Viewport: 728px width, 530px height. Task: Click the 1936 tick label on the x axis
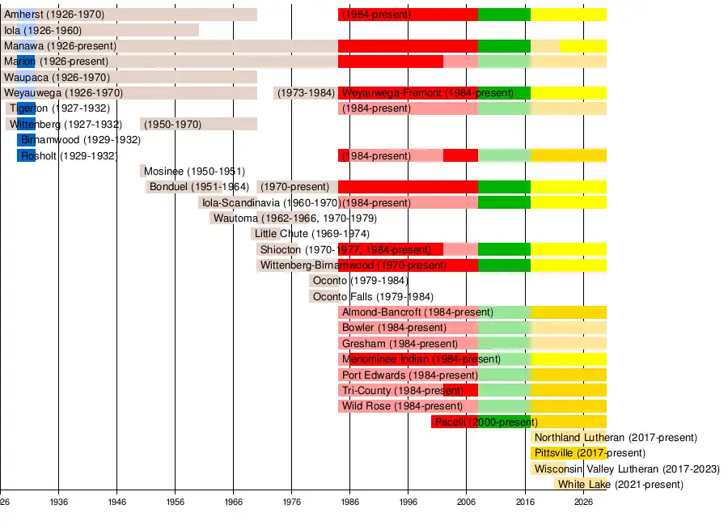(x=58, y=502)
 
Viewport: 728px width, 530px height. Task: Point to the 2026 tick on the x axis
(x=583, y=502)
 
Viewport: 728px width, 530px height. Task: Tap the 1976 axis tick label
(x=292, y=502)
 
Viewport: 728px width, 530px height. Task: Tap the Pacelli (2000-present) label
(x=483, y=422)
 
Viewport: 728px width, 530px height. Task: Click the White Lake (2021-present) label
(x=620, y=485)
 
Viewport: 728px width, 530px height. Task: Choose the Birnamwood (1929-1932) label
(x=81, y=140)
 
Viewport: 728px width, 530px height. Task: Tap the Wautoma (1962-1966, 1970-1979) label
(x=294, y=218)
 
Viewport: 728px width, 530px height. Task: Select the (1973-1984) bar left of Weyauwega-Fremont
(x=306, y=93)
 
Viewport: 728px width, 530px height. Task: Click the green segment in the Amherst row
(x=504, y=15)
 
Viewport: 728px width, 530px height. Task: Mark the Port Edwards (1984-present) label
(x=410, y=375)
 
